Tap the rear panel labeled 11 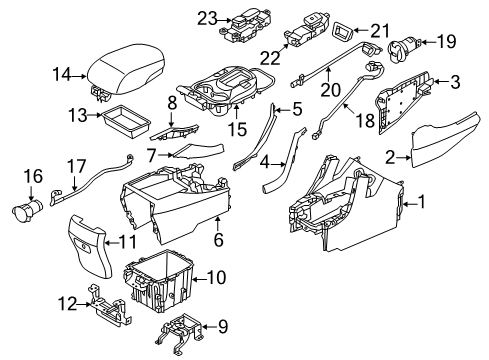click(x=82, y=249)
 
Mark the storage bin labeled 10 click(x=160, y=287)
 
